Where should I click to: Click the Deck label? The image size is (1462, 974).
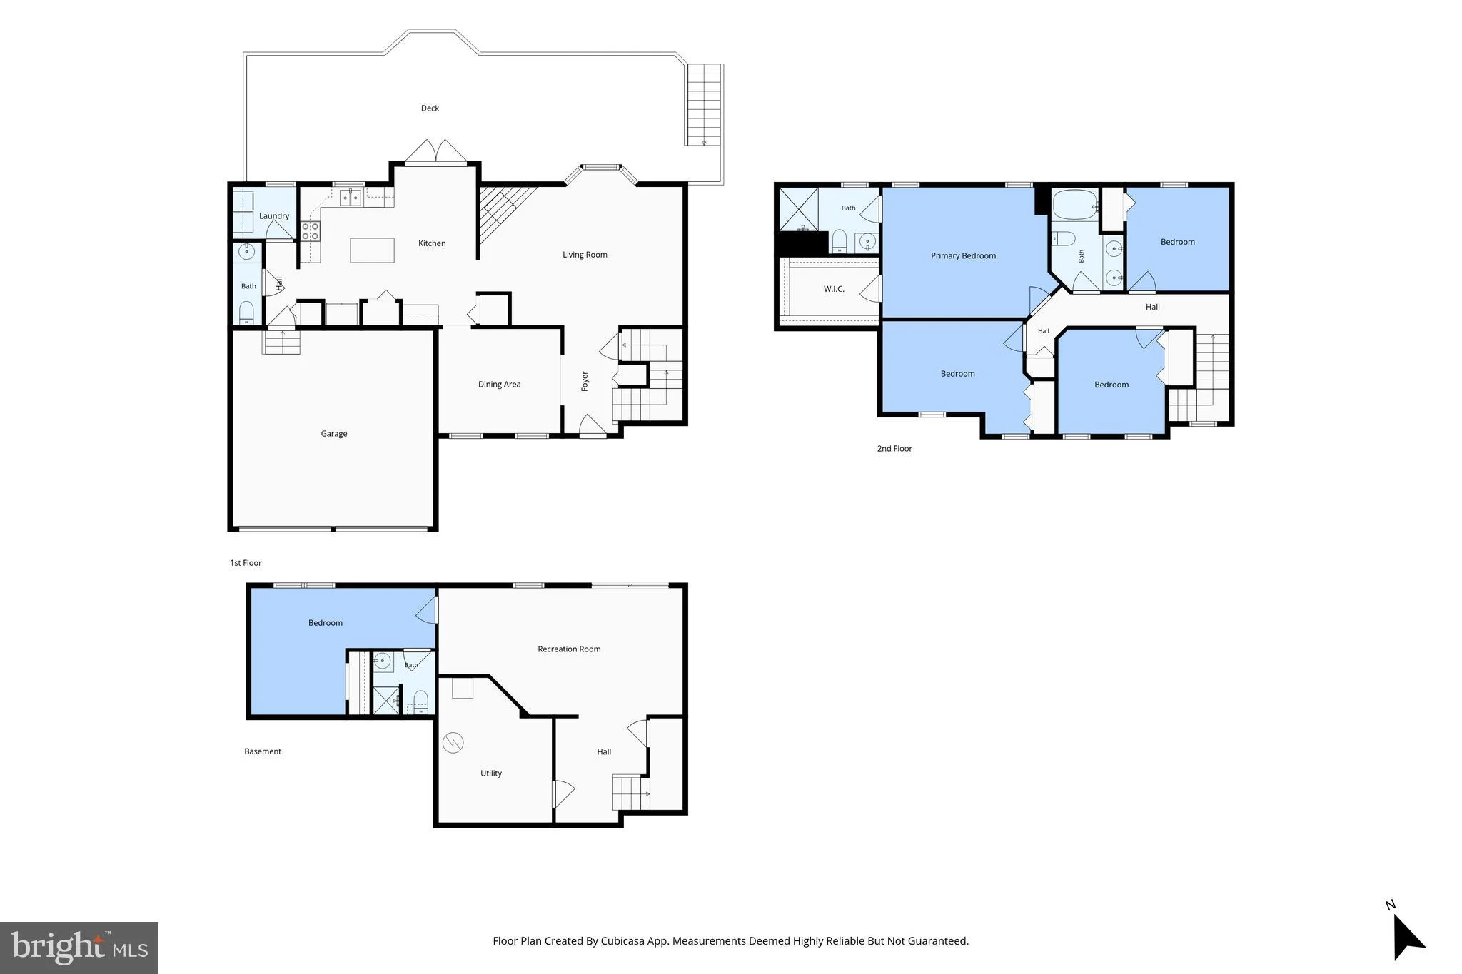click(x=430, y=108)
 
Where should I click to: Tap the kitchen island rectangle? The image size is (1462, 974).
click(x=372, y=250)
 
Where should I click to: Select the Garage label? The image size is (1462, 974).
click(x=334, y=434)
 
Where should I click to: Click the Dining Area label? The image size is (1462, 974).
click(x=499, y=385)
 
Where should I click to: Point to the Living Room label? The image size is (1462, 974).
click(x=585, y=255)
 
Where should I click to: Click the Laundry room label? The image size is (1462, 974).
click(x=274, y=216)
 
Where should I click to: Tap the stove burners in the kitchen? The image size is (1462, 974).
click(x=311, y=230)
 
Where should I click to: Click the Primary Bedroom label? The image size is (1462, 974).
click(x=963, y=256)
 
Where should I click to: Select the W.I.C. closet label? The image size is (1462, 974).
click(x=834, y=289)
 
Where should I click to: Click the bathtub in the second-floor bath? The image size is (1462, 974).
click(x=1075, y=205)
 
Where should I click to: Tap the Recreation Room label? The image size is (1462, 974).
click(x=569, y=649)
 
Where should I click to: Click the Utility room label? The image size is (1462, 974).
click(x=491, y=773)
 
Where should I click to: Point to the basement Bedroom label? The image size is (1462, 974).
click(x=326, y=623)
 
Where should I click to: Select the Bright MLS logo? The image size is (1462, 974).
click(x=79, y=948)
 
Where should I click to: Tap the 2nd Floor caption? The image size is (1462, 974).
click(x=894, y=449)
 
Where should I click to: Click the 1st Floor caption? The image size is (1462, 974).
click(x=246, y=563)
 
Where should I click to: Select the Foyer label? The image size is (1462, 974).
click(x=585, y=381)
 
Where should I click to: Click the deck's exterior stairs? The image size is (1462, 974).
click(x=705, y=104)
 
